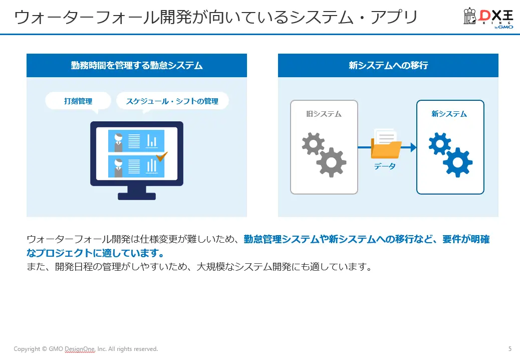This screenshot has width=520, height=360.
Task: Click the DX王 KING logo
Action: click(488, 19)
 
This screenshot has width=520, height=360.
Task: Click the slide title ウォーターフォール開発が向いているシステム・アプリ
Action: click(216, 18)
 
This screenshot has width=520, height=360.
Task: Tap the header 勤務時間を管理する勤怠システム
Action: click(137, 65)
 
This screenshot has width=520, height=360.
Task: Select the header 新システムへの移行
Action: click(388, 65)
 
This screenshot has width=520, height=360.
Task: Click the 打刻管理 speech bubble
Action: click(78, 101)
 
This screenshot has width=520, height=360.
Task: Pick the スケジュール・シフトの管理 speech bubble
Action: click(172, 101)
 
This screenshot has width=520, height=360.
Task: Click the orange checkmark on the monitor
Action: click(161, 157)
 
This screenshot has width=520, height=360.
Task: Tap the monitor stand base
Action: click(137, 196)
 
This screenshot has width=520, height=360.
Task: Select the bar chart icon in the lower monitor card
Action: click(151, 165)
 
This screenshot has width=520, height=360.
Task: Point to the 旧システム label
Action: click(324, 114)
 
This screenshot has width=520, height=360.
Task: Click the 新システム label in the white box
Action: click(449, 114)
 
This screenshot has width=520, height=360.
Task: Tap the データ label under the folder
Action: click(385, 166)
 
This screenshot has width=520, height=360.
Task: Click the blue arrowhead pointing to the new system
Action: click(413, 147)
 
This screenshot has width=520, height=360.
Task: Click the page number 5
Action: click(509, 348)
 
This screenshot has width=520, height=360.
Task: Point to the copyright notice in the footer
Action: click(86, 348)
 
